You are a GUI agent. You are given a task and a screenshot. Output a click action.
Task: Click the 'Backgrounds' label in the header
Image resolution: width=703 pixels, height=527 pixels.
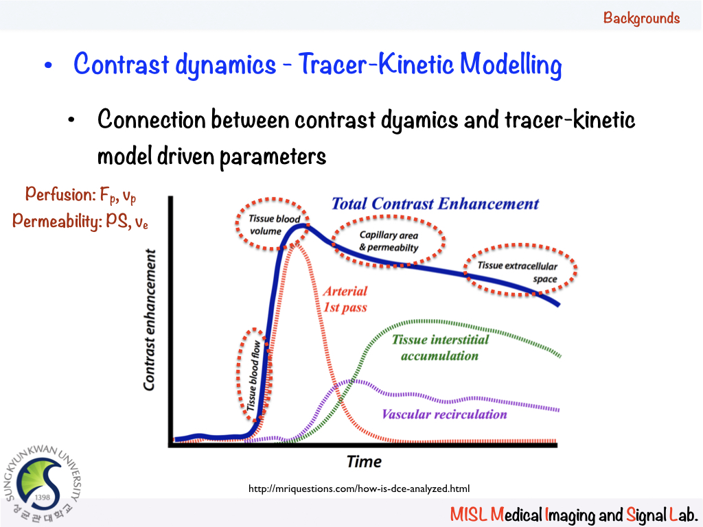pyautogui.click(x=641, y=18)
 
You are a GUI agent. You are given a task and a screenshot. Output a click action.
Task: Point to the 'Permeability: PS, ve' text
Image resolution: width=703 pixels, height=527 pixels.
pyautogui.click(x=80, y=220)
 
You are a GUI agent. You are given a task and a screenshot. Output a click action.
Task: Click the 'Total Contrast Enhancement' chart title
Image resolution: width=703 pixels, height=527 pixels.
pyautogui.click(x=435, y=204)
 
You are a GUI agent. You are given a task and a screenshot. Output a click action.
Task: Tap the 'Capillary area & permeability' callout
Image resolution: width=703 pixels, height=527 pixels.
pyautogui.click(x=389, y=241)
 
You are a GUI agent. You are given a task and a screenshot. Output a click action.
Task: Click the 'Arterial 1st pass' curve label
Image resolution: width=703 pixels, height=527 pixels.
pyautogui.click(x=345, y=299)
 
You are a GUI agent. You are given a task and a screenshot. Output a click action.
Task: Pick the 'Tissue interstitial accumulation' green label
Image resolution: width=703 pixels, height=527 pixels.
pyautogui.click(x=439, y=347)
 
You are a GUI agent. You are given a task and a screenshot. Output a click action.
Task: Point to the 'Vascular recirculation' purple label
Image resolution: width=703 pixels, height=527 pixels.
pyautogui.click(x=444, y=414)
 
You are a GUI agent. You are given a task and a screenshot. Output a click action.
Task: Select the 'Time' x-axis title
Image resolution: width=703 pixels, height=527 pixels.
pyautogui.click(x=364, y=461)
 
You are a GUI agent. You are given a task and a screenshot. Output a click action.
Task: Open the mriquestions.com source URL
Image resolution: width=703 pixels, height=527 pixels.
pyautogui.click(x=358, y=489)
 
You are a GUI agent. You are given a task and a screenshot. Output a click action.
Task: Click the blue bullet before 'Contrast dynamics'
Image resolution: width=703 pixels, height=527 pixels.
pyautogui.click(x=48, y=67)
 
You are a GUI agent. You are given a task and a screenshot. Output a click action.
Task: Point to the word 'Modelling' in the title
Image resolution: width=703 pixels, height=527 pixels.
pyautogui.click(x=511, y=65)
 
